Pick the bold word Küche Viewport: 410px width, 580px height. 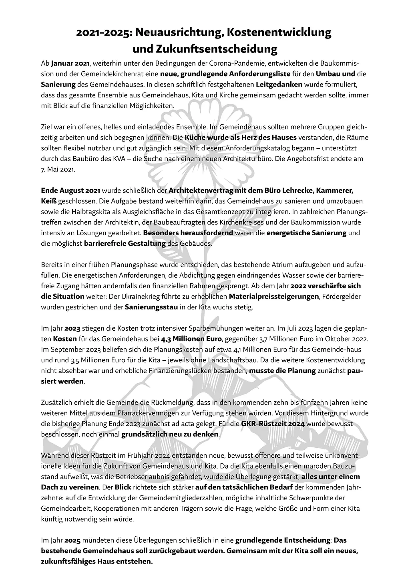[195, 137]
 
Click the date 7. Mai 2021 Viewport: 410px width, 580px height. [58, 169]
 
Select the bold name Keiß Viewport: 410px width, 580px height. [50, 201]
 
